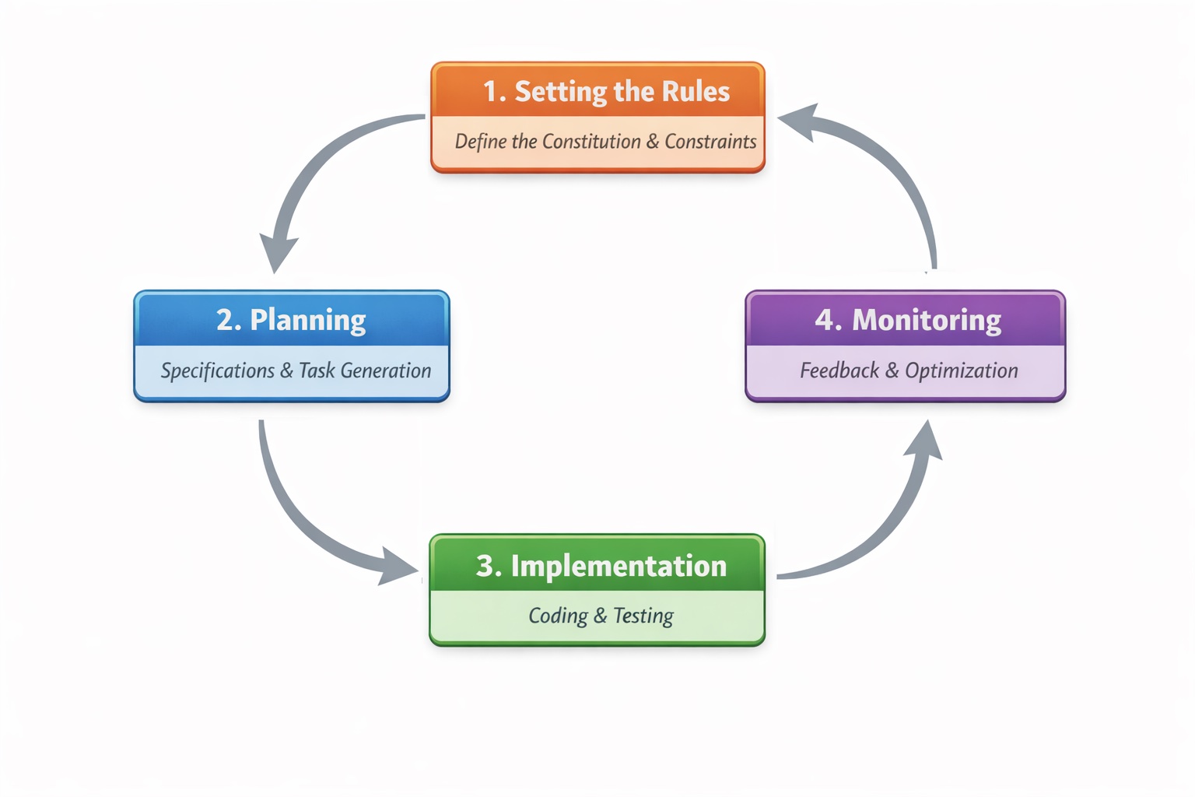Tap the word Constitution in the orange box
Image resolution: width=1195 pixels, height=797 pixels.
591,142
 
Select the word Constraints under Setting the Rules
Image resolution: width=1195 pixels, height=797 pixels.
710,142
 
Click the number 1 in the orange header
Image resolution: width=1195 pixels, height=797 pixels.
491,92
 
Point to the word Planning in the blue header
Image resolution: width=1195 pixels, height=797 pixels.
308,320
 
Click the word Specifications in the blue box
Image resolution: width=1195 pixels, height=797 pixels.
218,371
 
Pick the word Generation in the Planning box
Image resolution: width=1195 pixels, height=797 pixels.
386,371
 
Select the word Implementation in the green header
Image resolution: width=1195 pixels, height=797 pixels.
619,566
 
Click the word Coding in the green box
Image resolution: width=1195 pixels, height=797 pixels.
558,616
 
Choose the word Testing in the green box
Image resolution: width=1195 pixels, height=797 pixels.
643,616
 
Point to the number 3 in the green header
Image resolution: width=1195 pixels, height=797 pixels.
485,566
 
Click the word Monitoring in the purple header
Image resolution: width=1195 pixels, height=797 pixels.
927,320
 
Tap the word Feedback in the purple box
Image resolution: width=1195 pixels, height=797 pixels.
839,371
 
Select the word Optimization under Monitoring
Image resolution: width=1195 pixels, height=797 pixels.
962,371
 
